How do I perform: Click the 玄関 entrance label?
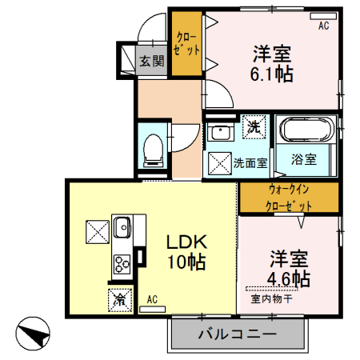click(152, 61)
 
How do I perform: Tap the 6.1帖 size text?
click(272, 74)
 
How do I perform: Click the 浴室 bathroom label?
click(303, 158)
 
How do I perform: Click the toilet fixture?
click(152, 148)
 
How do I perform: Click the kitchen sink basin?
click(123, 228)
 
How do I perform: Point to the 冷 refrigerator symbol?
click(119, 300)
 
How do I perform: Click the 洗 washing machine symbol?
click(254, 126)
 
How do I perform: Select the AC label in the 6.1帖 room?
click(324, 26)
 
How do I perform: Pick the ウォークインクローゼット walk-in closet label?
click(289, 198)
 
